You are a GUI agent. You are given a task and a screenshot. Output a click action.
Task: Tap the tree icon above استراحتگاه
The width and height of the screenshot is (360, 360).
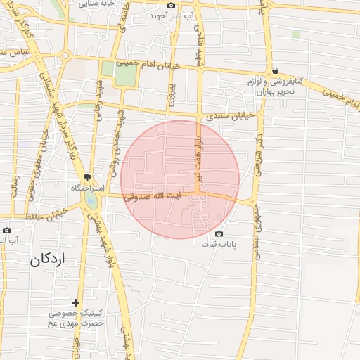pos(87,178)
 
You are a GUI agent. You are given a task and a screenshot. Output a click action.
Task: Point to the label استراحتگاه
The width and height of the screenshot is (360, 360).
pos(87,188)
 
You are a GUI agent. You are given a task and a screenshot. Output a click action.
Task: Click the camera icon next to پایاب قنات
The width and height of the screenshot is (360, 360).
pos(219,233)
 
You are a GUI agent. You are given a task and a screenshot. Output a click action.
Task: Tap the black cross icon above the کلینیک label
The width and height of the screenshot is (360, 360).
pos(75,302)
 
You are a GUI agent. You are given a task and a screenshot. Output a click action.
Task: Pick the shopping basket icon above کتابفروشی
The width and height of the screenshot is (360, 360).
pos(275,70)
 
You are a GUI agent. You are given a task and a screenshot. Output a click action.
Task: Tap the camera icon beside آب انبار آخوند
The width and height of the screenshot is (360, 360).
pos(171,5)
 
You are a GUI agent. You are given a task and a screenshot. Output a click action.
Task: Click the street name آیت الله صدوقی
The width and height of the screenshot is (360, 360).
pos(158,199)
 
